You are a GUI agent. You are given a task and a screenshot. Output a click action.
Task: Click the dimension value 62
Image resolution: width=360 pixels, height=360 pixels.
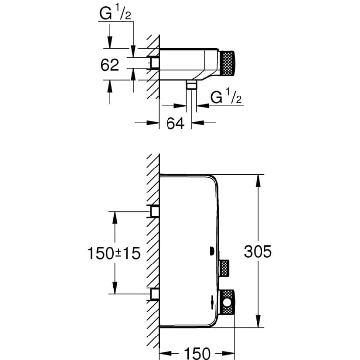pos(110,65)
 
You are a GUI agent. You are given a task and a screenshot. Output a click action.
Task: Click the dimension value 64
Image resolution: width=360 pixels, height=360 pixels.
pos(175,123)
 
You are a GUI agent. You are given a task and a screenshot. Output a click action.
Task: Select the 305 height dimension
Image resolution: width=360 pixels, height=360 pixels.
pos(258,251)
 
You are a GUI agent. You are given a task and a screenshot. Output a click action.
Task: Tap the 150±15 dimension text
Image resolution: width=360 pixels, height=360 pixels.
pos(114,253)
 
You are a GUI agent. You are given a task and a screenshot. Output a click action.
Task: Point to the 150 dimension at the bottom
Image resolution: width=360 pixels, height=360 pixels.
pos(197,353)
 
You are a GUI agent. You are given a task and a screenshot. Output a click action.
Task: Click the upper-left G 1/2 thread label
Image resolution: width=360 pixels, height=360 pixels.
pos(115,13)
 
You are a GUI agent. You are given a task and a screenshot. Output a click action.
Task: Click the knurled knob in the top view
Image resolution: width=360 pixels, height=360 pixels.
pos(227,63)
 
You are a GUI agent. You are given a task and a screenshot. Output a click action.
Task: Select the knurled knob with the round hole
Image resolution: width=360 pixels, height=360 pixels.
pos(227,302)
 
